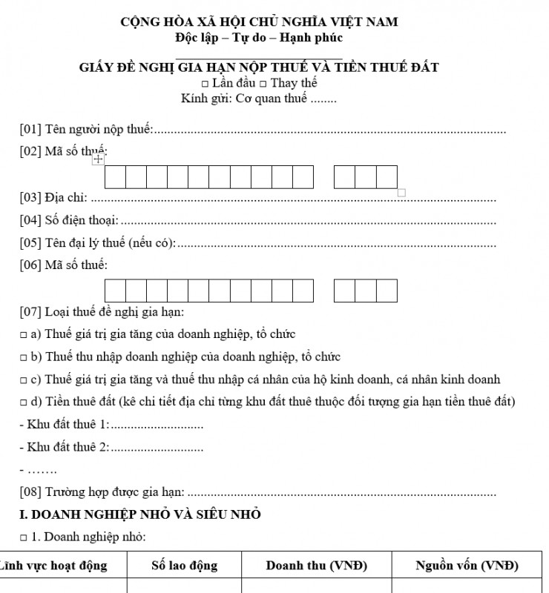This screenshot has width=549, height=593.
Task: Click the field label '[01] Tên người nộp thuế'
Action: (x=86, y=130)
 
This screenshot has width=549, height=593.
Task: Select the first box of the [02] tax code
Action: (x=115, y=177)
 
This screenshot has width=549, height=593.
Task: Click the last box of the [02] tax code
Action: (x=387, y=177)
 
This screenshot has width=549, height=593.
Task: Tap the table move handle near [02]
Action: (x=98, y=159)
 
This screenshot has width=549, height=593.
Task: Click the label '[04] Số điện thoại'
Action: (x=69, y=220)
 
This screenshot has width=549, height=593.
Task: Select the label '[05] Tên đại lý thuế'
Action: (x=97, y=242)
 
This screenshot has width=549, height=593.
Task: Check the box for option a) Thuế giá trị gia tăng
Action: (x=24, y=335)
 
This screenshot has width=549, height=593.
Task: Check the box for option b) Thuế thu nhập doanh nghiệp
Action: (x=24, y=357)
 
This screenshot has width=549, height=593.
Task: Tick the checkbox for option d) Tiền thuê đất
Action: (x=24, y=402)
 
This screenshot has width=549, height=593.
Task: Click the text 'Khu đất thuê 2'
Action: (x=68, y=447)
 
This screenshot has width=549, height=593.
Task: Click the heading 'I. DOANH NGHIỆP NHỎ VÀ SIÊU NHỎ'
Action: (x=140, y=514)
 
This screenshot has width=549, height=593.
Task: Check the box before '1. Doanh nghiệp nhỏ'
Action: (x=24, y=537)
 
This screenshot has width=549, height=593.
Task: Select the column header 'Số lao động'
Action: (x=184, y=566)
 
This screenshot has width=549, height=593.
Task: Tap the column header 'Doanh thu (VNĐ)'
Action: (x=317, y=566)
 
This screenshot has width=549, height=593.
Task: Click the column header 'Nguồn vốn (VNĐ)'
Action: (x=467, y=566)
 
